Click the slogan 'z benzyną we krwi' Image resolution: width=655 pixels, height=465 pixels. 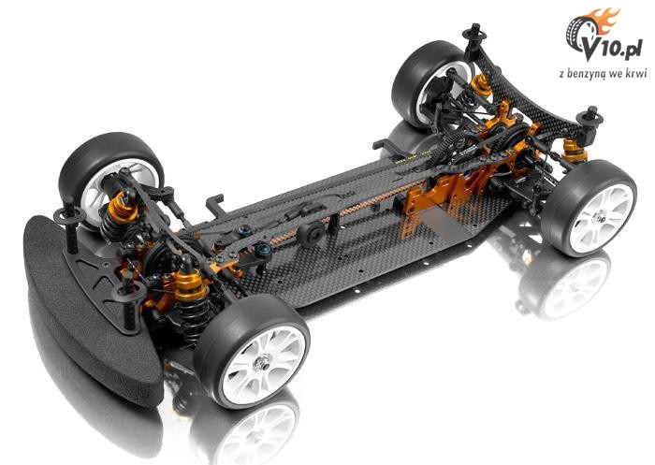(x=603, y=74)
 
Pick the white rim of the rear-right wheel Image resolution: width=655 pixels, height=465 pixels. (x=602, y=217)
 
